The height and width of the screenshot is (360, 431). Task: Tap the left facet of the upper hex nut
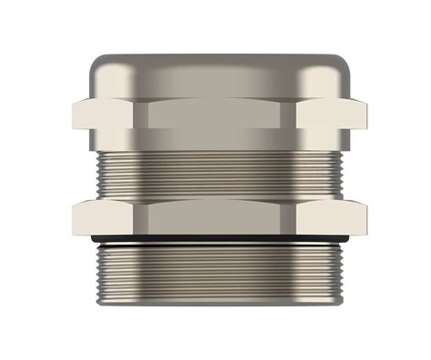106,115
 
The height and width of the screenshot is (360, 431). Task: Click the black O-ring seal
218,239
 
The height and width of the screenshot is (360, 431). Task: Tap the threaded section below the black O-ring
218,268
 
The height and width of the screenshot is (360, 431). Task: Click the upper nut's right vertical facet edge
296,115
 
